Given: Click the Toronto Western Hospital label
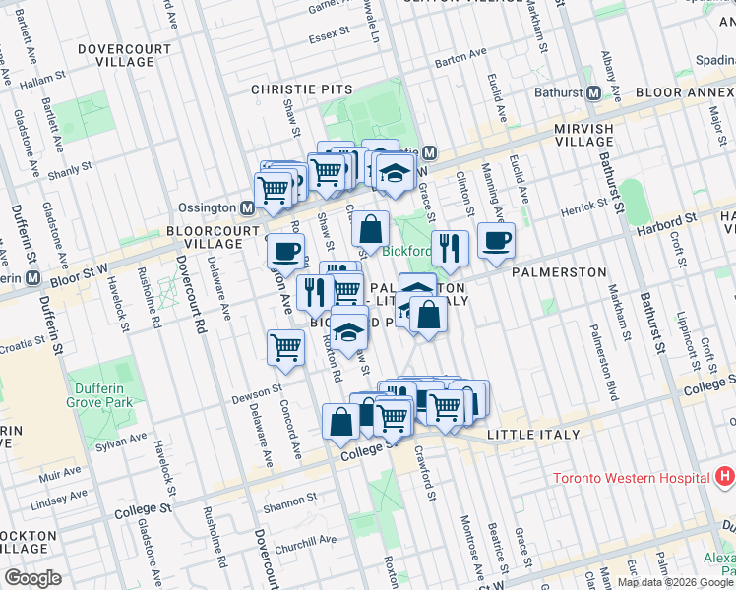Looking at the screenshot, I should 631,479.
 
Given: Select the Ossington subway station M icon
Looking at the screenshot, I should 248,208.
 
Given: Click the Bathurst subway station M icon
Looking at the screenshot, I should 594,94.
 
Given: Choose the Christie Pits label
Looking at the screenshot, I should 288,88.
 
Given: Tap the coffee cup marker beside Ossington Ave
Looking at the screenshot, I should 285,251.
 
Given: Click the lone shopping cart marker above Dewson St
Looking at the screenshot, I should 285,346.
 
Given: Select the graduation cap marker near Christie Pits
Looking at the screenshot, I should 394,172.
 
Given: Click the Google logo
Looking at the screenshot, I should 33,578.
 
